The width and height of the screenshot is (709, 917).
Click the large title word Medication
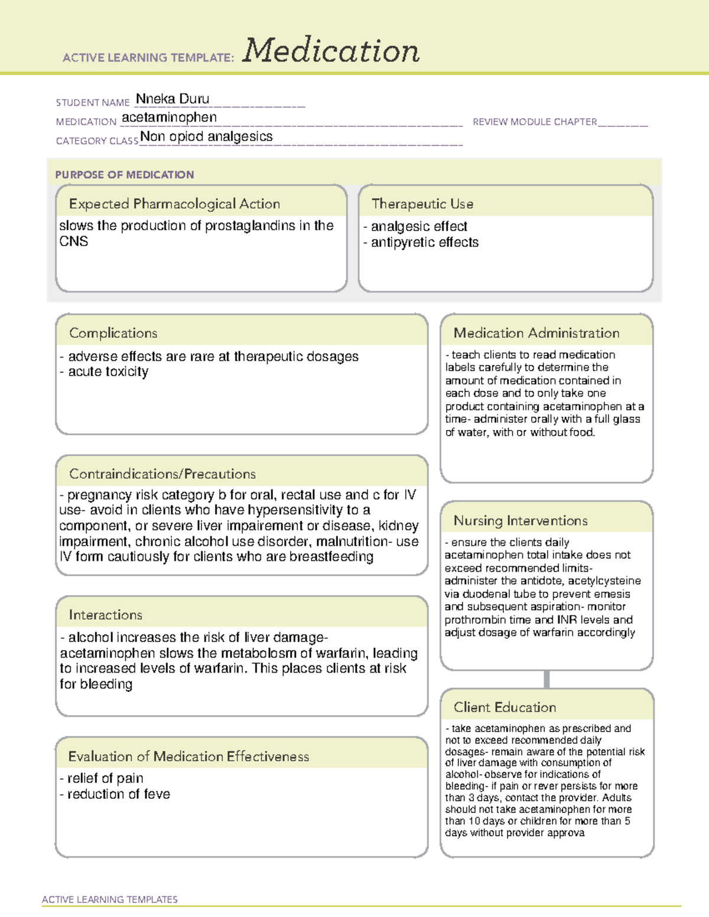click(x=331, y=51)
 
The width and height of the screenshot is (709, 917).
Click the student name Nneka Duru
click(x=173, y=99)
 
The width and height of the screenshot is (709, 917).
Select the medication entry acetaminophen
click(x=169, y=118)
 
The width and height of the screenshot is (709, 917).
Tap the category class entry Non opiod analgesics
click(x=206, y=137)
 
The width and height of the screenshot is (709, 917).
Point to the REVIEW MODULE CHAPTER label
click(x=535, y=122)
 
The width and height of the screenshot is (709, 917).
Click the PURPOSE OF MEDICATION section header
click(x=125, y=175)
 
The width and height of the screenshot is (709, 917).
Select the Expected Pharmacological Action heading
click(x=174, y=204)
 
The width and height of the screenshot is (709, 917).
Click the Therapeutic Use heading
click(x=422, y=204)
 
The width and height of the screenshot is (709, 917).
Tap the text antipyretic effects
click(x=424, y=242)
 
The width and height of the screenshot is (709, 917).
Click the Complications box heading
click(x=113, y=333)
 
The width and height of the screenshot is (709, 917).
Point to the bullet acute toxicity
click(x=108, y=372)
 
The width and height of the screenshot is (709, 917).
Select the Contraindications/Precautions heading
click(x=162, y=474)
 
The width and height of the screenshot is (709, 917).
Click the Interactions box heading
click(x=106, y=615)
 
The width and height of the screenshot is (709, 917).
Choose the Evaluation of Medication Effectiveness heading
click(x=188, y=756)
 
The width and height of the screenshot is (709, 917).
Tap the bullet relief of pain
click(x=105, y=778)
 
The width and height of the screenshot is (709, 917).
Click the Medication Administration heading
click(x=536, y=333)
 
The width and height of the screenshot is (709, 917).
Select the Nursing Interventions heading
click(x=521, y=520)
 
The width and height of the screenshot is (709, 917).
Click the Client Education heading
click(x=505, y=707)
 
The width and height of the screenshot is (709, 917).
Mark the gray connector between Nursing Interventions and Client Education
click(x=547, y=679)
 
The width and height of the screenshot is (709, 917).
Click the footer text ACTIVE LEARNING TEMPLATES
click(x=110, y=899)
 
